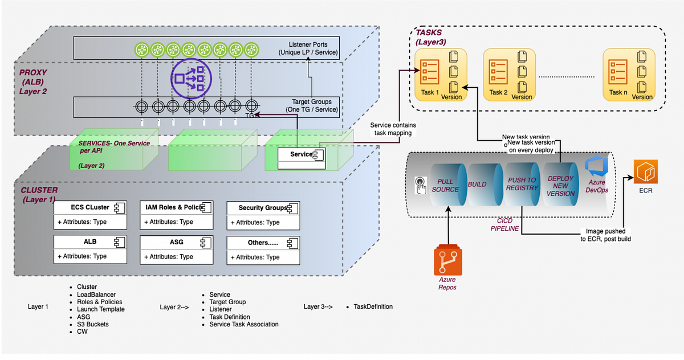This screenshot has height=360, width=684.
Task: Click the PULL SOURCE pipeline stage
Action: click(445, 185)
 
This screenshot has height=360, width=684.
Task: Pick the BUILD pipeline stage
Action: click(477, 185)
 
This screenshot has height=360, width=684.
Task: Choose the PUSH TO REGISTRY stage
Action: click(522, 184)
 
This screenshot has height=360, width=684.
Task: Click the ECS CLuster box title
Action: click(89, 208)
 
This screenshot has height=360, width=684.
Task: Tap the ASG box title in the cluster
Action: click(176, 242)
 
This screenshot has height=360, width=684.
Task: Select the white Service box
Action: click(300, 158)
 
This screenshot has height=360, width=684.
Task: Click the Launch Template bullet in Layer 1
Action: click(100, 309)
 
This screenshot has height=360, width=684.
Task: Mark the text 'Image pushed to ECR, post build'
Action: click(605, 235)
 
